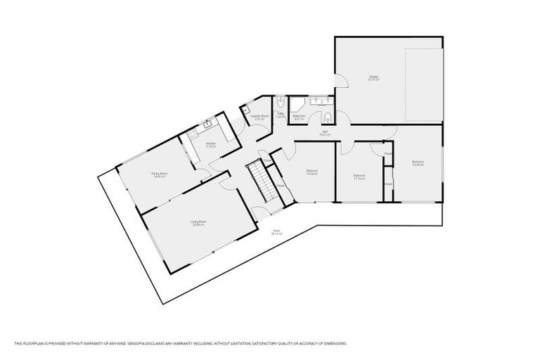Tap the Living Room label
[198, 223]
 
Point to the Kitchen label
[210, 144]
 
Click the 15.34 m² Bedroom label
[418, 164]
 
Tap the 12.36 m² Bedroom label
[311, 172]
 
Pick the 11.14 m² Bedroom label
[359, 176]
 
